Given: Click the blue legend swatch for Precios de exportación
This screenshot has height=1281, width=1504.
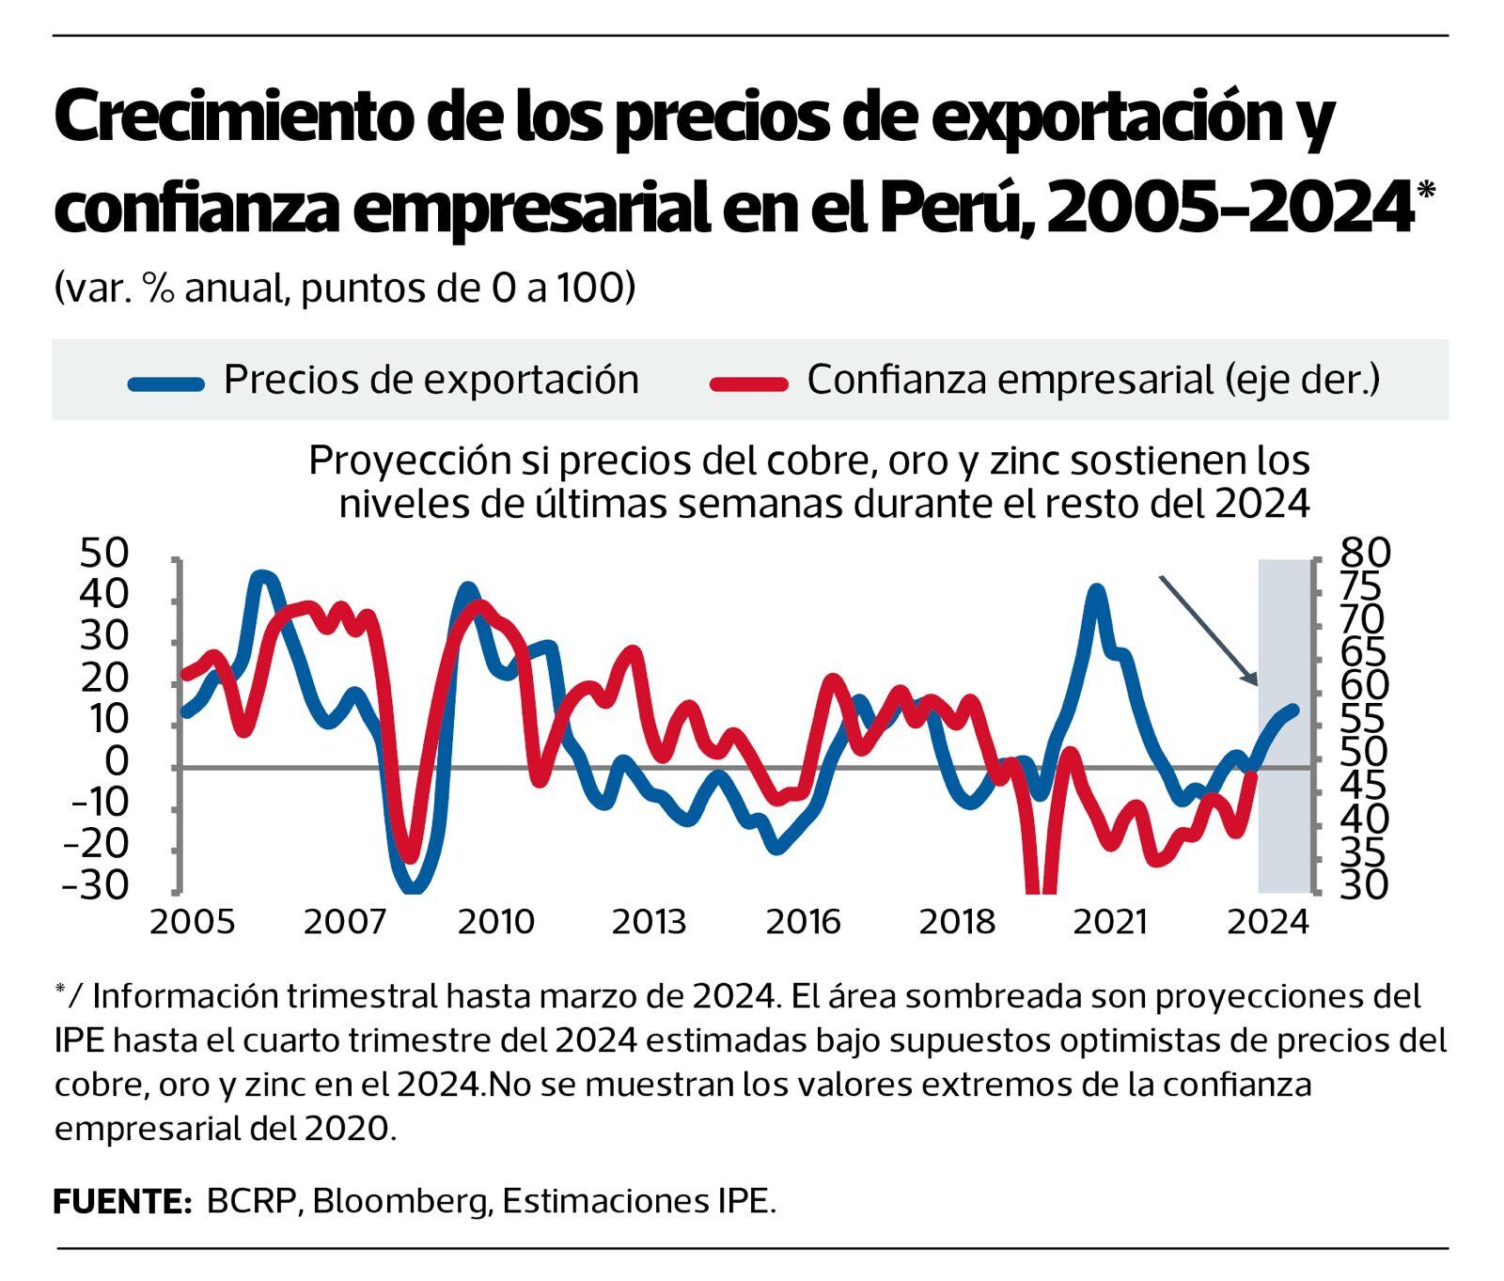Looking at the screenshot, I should pyautogui.click(x=166, y=383).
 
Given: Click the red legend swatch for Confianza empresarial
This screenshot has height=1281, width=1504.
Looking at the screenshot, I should pyautogui.click(x=749, y=383).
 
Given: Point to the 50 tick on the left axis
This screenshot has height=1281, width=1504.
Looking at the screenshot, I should pyautogui.click(x=103, y=554).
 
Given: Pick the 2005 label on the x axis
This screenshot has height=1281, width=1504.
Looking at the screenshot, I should pyautogui.click(x=192, y=922).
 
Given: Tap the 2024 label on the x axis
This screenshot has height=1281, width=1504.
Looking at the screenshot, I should pyautogui.click(x=1269, y=922).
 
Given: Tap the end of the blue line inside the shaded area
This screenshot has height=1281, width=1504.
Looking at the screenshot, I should pyautogui.click(x=1293, y=711).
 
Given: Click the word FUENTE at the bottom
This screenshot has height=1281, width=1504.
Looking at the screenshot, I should pyautogui.click(x=122, y=1201).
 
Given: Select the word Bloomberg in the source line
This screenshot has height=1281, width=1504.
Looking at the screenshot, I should pyautogui.click(x=401, y=1201).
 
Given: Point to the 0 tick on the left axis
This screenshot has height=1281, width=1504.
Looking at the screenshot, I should pyautogui.click(x=116, y=761).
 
